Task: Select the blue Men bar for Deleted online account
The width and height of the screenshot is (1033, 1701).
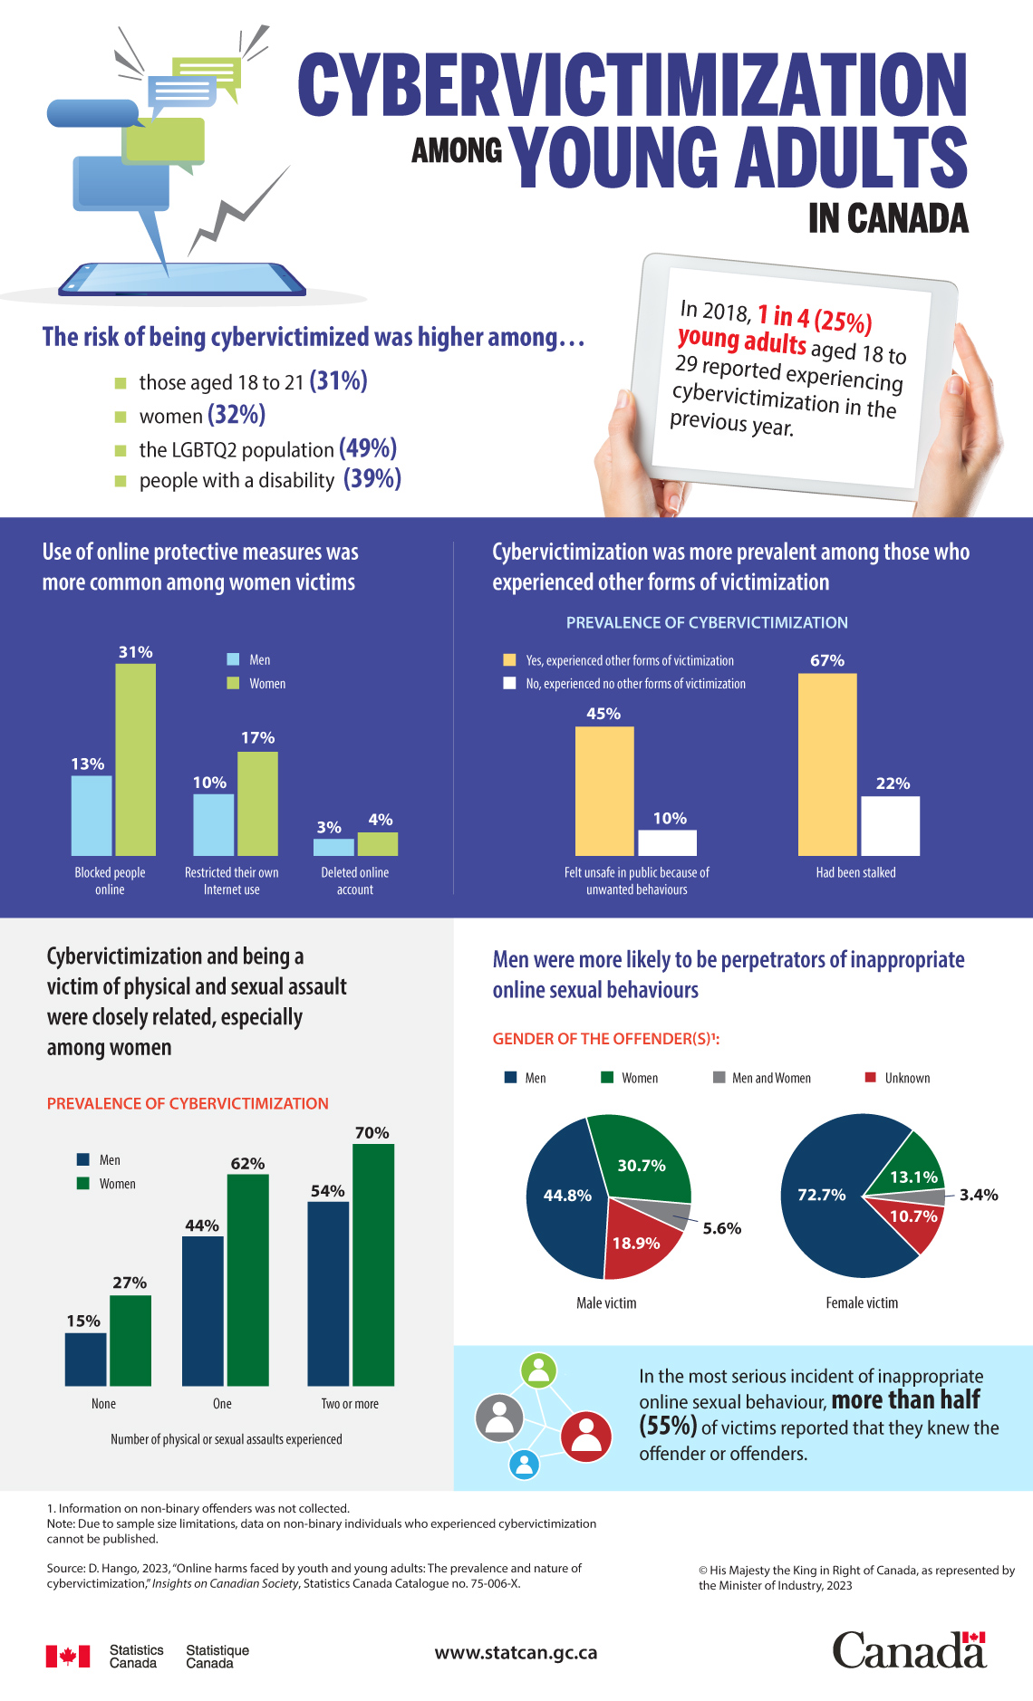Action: click(x=333, y=847)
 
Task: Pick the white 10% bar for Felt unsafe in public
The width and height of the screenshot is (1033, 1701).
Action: click(x=667, y=842)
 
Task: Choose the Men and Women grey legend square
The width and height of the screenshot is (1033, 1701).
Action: click(x=719, y=1077)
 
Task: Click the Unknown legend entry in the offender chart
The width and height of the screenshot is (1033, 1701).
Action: click(x=897, y=1078)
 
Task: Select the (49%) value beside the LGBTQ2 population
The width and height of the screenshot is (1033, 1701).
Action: click(x=368, y=448)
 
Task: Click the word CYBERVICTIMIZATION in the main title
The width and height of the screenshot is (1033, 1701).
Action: click(x=632, y=85)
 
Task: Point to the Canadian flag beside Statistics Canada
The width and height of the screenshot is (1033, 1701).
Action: click(x=68, y=1656)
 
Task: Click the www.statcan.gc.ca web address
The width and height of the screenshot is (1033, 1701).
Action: click(x=516, y=1652)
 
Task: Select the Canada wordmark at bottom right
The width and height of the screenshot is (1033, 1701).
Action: click(x=909, y=1650)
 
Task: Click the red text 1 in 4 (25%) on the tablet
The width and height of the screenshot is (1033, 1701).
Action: click(x=814, y=318)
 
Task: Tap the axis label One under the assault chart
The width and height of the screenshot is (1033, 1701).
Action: click(x=222, y=1403)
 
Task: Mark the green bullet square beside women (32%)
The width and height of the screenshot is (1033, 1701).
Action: click(x=121, y=417)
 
